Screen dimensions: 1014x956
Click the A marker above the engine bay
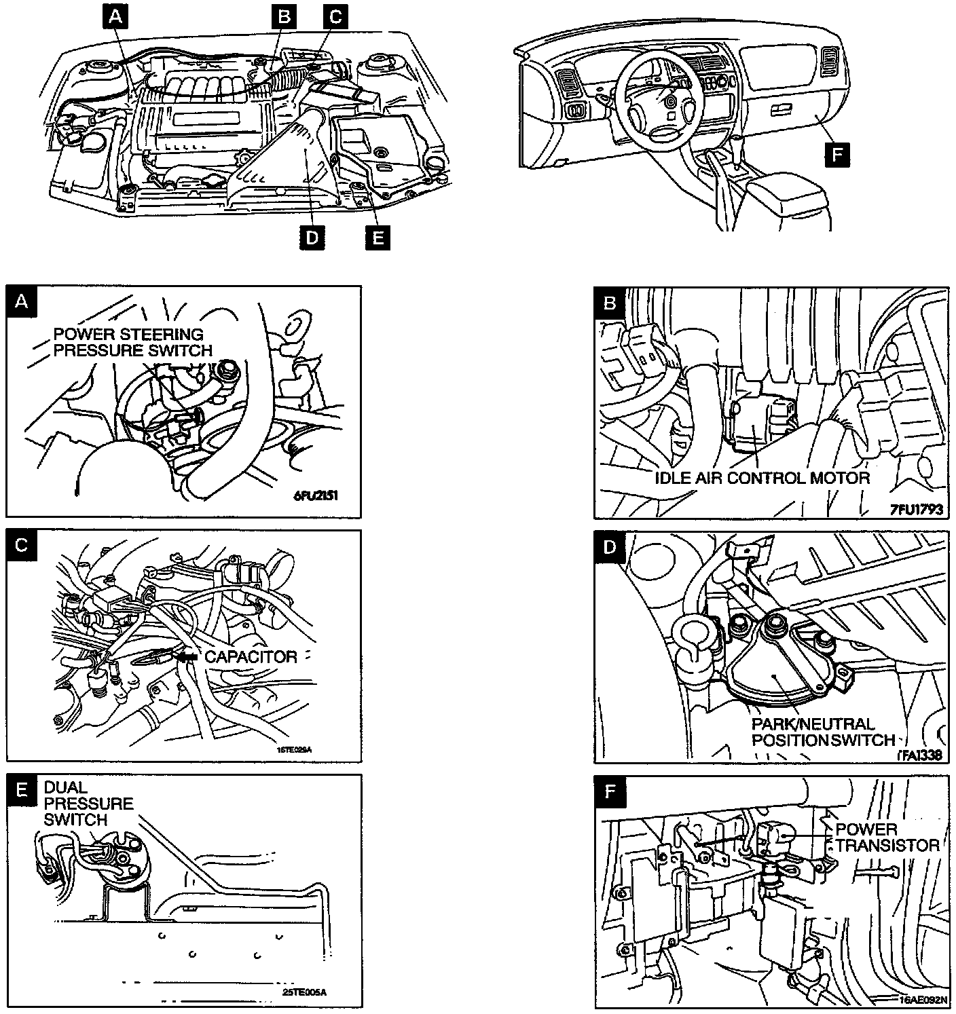coord(116,17)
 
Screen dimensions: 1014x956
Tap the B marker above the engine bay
coord(283,17)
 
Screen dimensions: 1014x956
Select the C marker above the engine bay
coord(335,17)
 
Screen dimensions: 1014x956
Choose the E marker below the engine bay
coord(378,238)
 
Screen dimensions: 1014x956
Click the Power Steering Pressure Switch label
coord(132,342)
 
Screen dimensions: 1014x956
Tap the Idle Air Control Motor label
coord(762,477)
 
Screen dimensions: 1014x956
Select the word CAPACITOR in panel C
coord(251,657)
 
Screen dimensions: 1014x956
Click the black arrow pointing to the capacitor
coord(187,657)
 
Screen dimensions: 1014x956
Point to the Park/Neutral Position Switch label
coord(822,732)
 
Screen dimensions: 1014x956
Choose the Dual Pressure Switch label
coord(88,804)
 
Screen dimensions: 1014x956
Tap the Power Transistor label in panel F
coord(887,838)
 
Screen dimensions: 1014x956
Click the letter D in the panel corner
coord(609,547)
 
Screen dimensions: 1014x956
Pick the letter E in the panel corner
coord(22,789)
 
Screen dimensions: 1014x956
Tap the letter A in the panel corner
coord(22,301)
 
